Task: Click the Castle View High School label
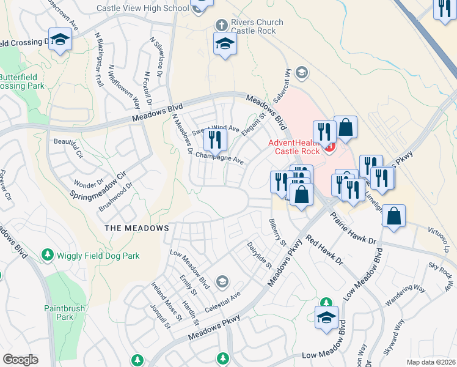pyautogui.click(x=142, y=8)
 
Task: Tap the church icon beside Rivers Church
pyautogui.click(x=221, y=24)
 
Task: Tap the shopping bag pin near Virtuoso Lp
pyautogui.click(x=394, y=216)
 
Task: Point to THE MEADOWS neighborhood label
pyautogui.click(x=136, y=228)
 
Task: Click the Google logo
pyautogui.click(x=20, y=360)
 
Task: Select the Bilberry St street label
pyautogui.click(x=277, y=232)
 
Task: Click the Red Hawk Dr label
pyautogui.click(x=324, y=251)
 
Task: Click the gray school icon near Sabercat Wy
pyautogui.click(x=301, y=73)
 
